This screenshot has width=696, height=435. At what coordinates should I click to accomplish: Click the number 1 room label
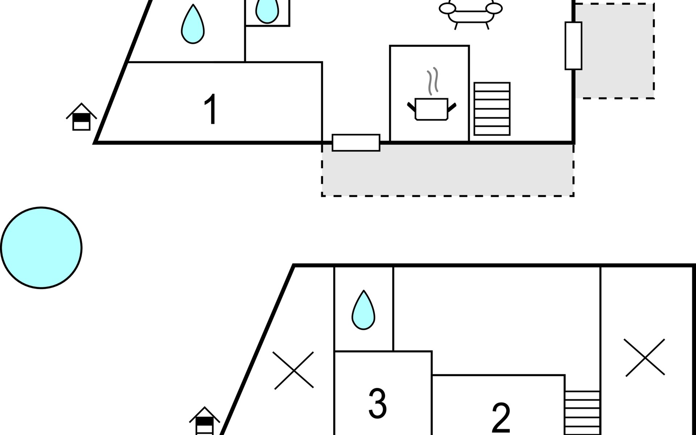[211, 109]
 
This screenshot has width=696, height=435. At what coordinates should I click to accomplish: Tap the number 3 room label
[377, 403]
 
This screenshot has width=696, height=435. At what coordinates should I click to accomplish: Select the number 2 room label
[501, 418]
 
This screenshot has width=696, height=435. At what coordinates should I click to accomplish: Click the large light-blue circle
[41, 248]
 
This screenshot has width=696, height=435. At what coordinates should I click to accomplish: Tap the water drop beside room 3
[363, 310]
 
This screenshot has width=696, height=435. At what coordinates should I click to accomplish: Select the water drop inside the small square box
[267, 11]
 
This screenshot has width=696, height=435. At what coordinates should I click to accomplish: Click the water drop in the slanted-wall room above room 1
[193, 24]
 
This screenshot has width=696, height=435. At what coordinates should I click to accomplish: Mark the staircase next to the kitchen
[492, 109]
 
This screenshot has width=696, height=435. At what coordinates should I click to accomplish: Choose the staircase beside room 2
[582, 413]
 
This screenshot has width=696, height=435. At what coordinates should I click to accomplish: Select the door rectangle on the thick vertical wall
[573, 46]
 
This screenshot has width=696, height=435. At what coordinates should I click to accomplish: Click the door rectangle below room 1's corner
[356, 142]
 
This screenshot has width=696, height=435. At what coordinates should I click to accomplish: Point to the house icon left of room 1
[81, 117]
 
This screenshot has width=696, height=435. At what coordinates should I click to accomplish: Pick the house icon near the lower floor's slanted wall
[204, 421]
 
